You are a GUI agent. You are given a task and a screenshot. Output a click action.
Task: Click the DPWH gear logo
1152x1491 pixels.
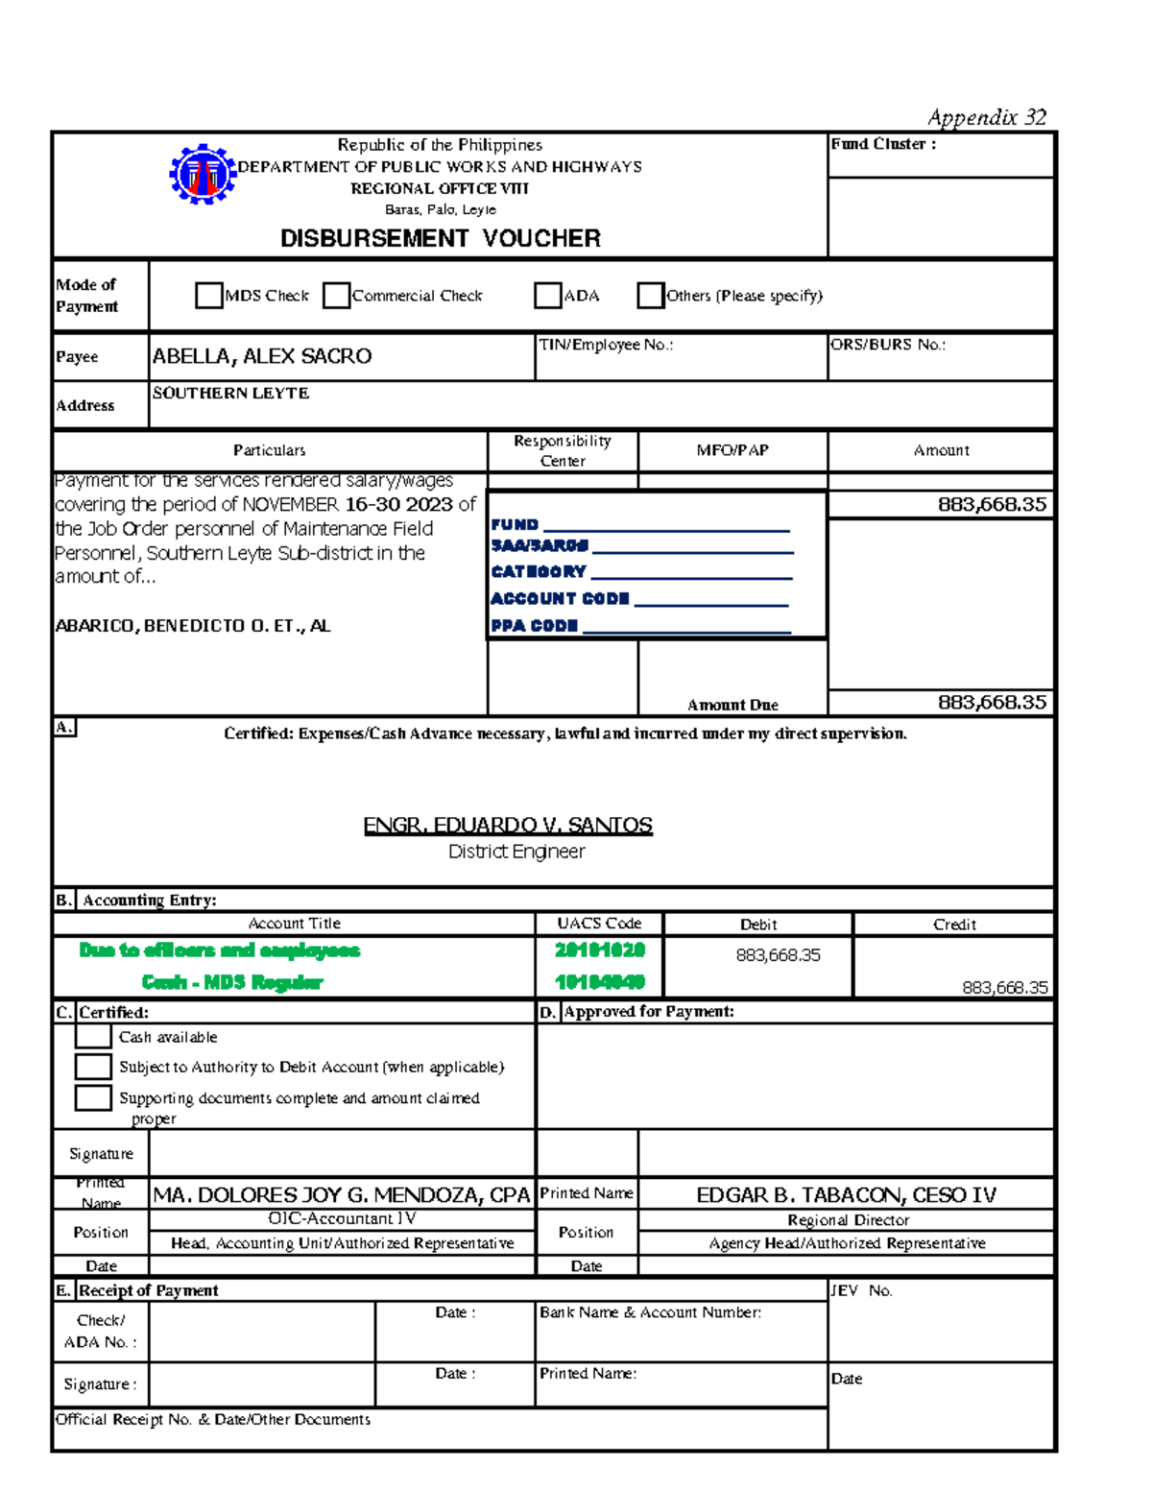(x=203, y=175)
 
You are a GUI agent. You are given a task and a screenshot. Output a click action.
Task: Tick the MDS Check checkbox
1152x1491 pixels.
(x=208, y=296)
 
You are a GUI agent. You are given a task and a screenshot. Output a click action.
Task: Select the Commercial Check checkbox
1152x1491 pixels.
(x=336, y=296)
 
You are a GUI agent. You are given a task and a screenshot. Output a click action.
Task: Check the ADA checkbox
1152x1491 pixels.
(x=547, y=296)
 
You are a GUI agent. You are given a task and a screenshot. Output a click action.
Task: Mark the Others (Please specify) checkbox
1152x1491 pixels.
(x=650, y=296)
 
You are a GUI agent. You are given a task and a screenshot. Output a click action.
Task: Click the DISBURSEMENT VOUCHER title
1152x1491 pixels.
(x=440, y=238)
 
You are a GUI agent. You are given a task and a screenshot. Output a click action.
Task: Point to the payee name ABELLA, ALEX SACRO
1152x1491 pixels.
(x=261, y=356)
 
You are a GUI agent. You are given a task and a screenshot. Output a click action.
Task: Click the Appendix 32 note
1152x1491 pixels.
(x=986, y=117)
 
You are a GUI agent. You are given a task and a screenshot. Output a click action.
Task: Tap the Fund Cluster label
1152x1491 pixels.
(x=882, y=144)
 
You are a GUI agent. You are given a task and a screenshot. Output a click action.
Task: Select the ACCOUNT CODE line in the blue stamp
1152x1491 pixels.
(x=638, y=598)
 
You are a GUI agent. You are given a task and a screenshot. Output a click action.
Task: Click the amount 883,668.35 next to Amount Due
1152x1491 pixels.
(x=992, y=703)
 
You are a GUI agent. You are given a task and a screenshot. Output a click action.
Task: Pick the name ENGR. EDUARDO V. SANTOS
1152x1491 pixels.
(x=508, y=826)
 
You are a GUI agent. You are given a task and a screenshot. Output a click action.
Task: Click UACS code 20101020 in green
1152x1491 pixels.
(x=600, y=950)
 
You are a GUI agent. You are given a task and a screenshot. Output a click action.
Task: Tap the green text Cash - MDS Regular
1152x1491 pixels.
(x=232, y=982)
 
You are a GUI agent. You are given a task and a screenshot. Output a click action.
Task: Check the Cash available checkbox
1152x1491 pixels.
(x=93, y=1036)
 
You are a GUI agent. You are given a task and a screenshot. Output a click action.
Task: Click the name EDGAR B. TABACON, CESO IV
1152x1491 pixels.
(x=846, y=1195)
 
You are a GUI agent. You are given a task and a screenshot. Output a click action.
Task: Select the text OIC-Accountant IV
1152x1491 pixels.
(x=342, y=1218)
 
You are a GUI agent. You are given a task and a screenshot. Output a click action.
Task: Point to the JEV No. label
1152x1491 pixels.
(x=861, y=1290)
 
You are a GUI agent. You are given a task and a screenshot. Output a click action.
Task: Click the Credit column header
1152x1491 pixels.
(x=954, y=925)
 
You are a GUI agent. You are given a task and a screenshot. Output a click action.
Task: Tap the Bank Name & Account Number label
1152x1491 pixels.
(x=650, y=1312)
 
